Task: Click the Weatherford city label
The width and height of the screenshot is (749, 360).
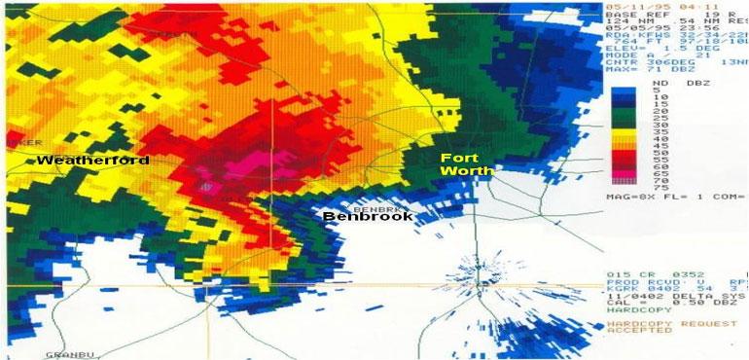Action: point(93,160)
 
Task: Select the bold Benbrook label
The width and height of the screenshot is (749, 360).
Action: point(368,216)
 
